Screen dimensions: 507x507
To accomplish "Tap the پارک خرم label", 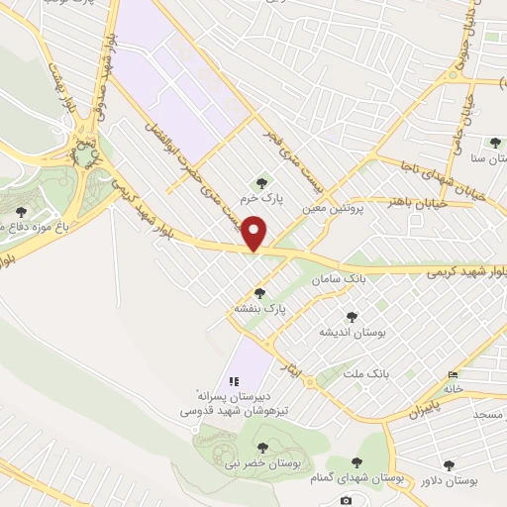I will [x=265, y=198].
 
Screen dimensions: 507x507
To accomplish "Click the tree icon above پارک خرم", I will [x=261, y=182].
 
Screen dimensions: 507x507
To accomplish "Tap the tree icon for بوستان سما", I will [x=494, y=143].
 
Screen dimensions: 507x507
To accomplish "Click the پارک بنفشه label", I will [x=259, y=309].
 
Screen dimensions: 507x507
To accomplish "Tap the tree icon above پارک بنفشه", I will [x=259, y=293].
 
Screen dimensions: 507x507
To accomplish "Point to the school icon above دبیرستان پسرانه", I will [x=234, y=381].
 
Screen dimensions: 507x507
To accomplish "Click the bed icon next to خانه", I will [x=454, y=374].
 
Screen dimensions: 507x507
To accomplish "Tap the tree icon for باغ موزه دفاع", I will [x=22, y=211].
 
